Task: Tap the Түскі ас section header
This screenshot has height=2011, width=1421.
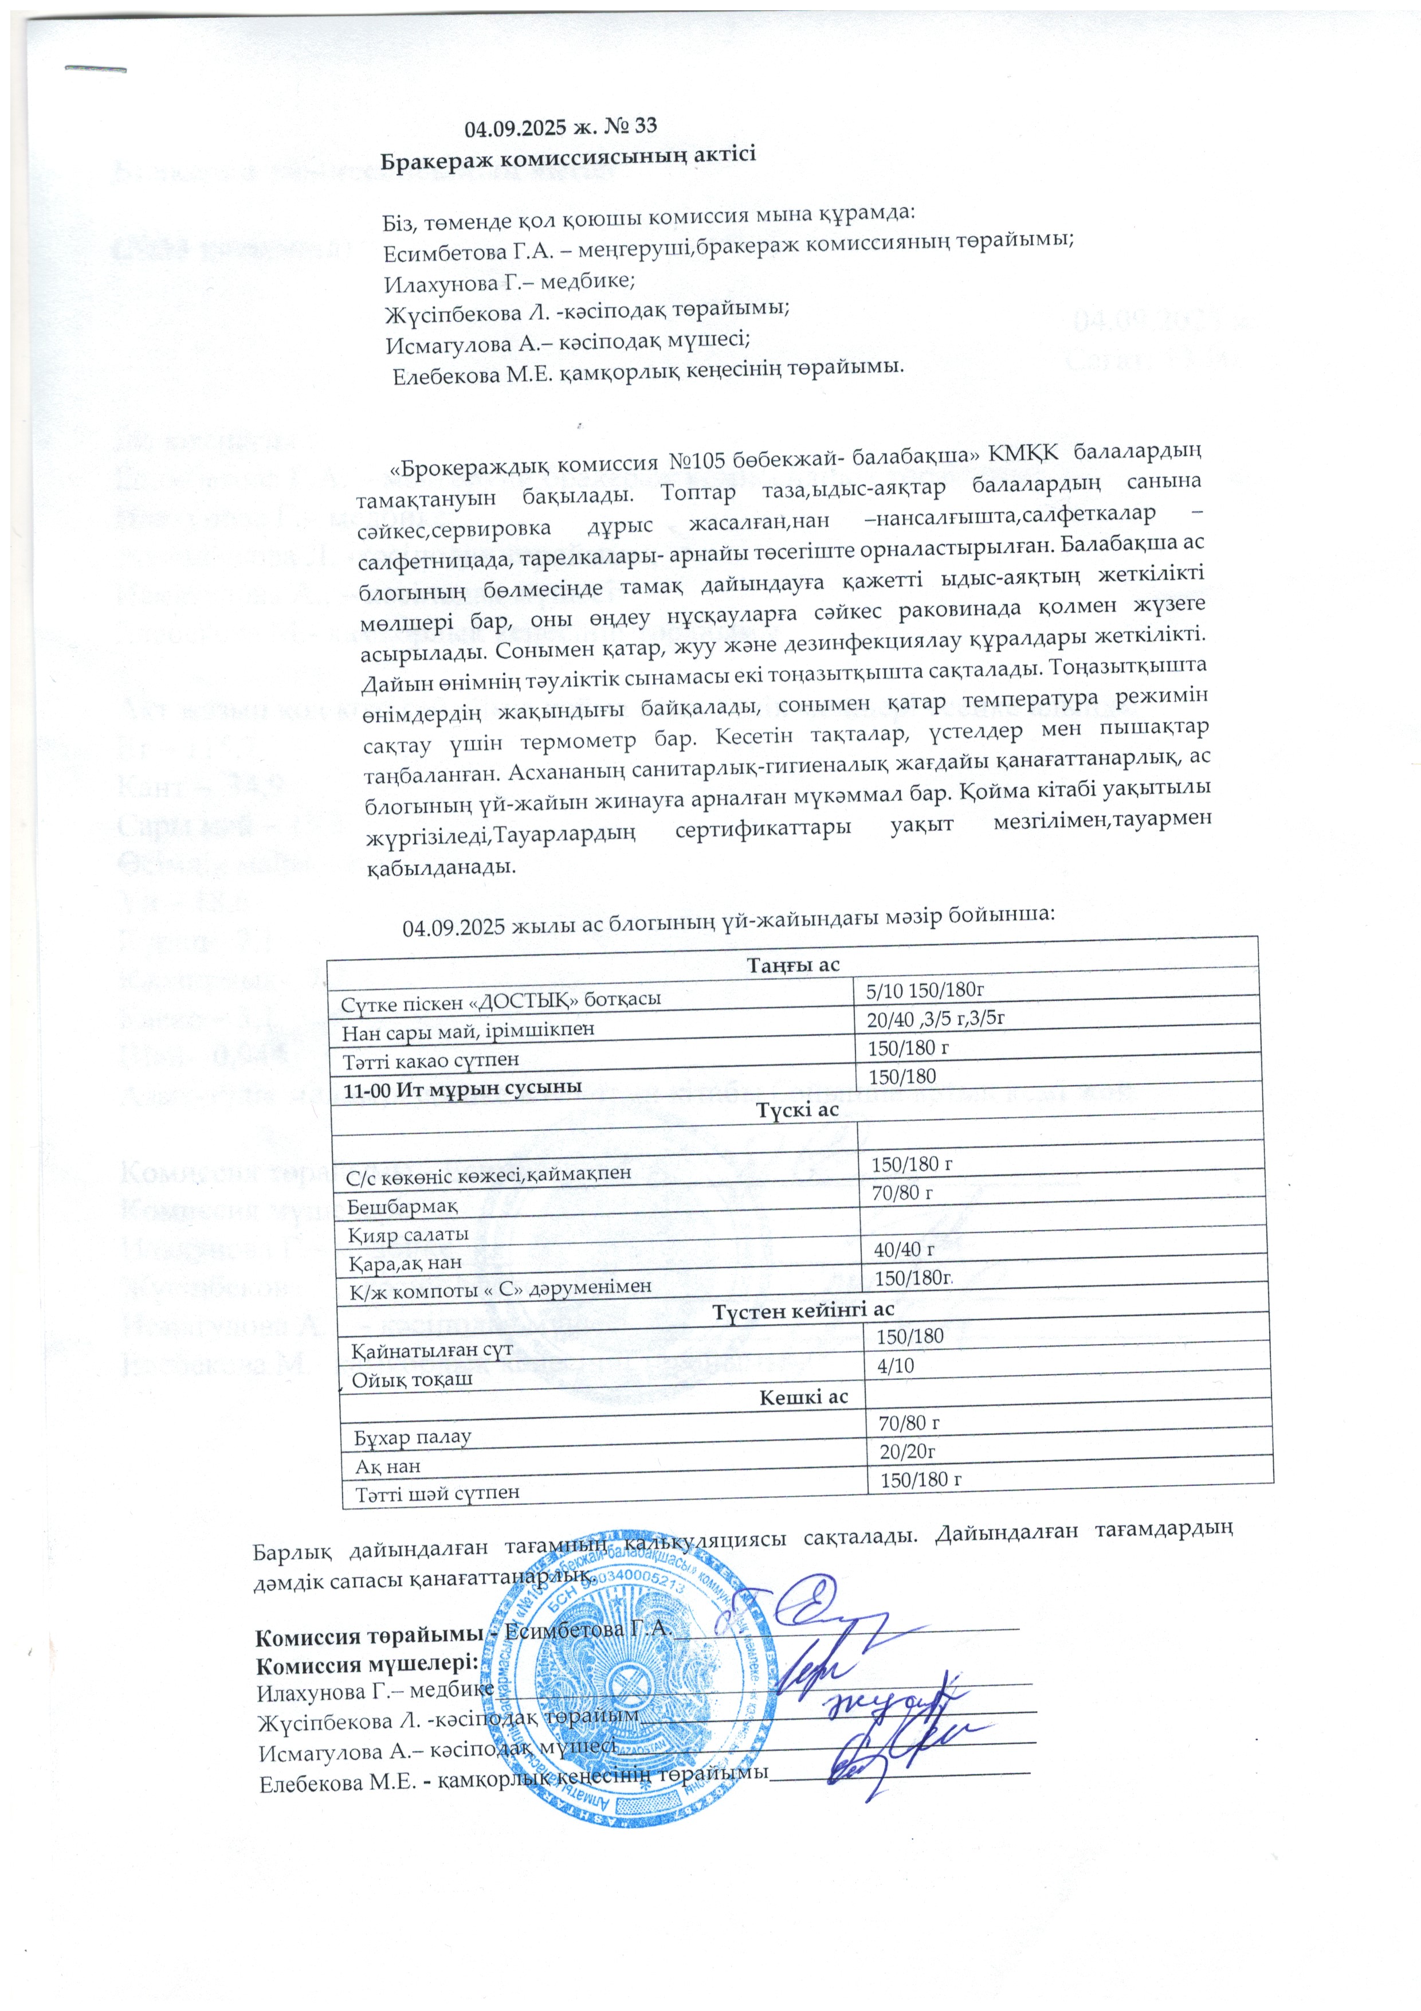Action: click(794, 1110)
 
